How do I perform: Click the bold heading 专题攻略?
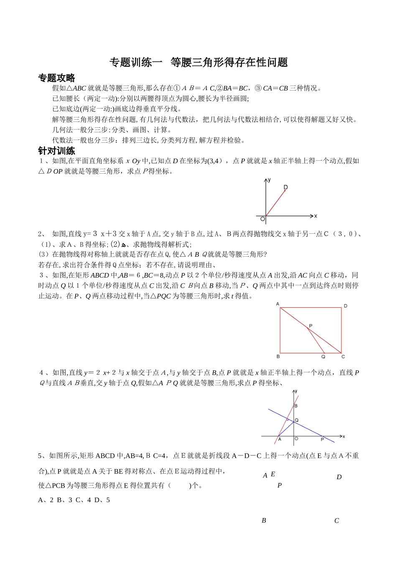tap(57, 78)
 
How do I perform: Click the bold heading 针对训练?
tap(57, 151)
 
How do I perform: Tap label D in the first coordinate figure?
tap(286, 187)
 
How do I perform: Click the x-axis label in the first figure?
tap(316, 216)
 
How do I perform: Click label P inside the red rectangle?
tap(310, 325)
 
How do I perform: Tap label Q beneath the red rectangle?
tap(323, 356)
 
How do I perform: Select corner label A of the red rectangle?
tap(277, 304)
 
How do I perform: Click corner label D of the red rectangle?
tap(346, 306)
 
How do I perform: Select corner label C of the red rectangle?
tap(343, 356)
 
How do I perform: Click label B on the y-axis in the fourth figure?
tap(296, 405)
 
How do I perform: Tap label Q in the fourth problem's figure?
tap(297, 420)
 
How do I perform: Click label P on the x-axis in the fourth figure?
tap(322, 440)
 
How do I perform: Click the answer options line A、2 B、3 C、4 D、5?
tap(74, 500)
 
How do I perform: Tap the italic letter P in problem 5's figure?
tap(280, 485)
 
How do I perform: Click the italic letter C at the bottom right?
tap(336, 521)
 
